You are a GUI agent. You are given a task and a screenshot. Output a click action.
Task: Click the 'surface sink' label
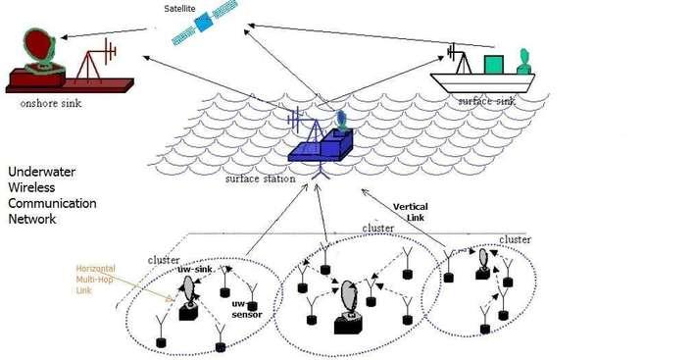(x=486, y=101)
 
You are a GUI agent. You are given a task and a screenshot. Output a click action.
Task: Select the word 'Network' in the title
(x=32, y=219)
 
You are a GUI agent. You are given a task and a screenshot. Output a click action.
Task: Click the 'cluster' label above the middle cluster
(x=377, y=228)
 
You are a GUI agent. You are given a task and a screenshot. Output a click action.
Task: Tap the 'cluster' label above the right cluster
(x=516, y=239)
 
